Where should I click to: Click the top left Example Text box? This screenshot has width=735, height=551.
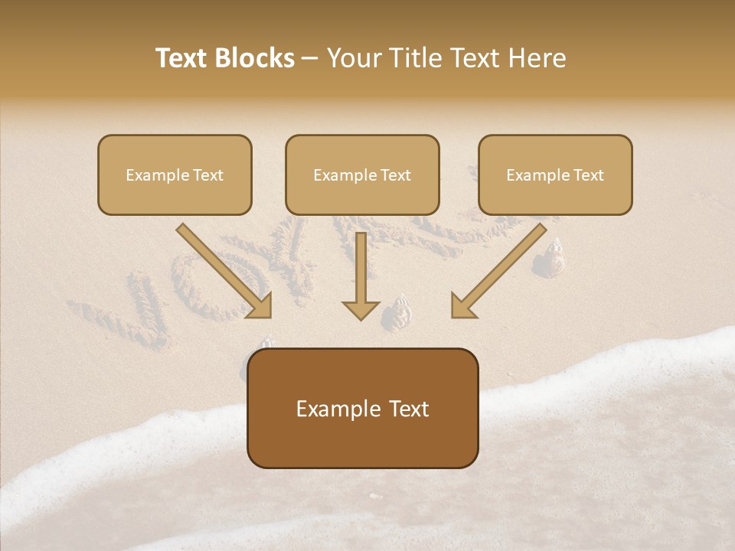tap(175, 174)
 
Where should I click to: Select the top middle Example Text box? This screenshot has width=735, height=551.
tap(362, 174)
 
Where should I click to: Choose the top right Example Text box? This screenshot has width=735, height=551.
tap(555, 174)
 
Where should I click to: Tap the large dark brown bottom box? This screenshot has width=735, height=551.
tap(362, 408)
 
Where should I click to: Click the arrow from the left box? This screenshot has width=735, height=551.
tap(222, 269)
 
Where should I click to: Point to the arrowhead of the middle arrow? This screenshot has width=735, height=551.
tap(361, 309)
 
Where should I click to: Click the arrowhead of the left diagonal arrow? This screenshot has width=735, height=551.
tap(260, 306)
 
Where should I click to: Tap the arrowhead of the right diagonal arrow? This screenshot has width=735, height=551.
tap(462, 306)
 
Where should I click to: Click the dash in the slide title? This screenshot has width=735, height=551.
tap(310, 58)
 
